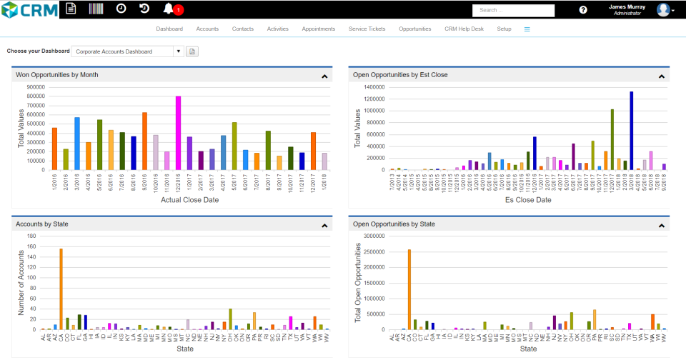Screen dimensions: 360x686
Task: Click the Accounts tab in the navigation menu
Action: [x=207, y=29]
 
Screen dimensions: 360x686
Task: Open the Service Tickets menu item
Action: [x=367, y=29]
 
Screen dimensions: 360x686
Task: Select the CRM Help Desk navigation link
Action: [x=464, y=29]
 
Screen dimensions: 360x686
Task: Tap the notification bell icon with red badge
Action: [x=169, y=9]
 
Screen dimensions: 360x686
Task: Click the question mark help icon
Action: [x=583, y=10]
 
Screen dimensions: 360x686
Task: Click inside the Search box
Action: [x=513, y=10]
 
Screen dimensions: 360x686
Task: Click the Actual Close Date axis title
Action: [x=189, y=200]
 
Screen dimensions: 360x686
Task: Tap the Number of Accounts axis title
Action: [x=21, y=282]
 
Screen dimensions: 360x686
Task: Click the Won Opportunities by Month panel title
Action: [x=57, y=74]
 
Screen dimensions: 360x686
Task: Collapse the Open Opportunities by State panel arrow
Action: [x=661, y=225]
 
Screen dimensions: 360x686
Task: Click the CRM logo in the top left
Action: [x=30, y=9]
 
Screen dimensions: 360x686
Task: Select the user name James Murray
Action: [x=627, y=6]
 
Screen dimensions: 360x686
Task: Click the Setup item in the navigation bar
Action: [x=504, y=29]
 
